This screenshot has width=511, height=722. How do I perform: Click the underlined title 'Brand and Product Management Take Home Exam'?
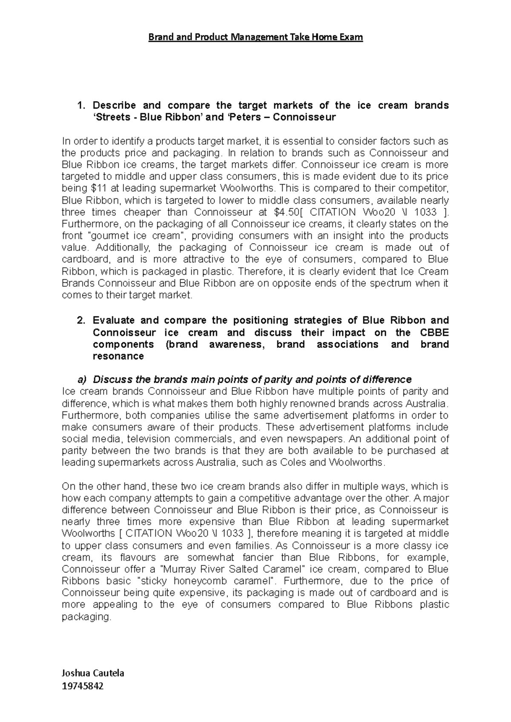tap(255, 37)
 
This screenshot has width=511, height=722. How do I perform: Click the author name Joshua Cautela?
tap(93, 673)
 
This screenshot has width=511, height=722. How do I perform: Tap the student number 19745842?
tap(83, 686)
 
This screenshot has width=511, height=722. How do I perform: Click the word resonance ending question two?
tap(118, 356)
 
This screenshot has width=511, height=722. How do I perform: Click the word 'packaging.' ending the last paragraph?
tap(86, 617)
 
